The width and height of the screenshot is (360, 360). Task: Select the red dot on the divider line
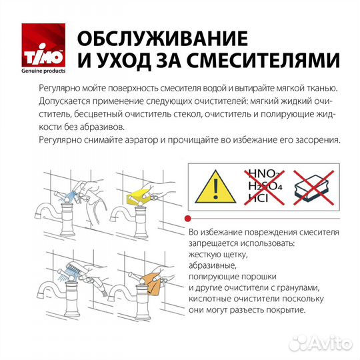tap(188, 218)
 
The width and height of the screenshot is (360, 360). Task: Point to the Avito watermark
tap(319, 342)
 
